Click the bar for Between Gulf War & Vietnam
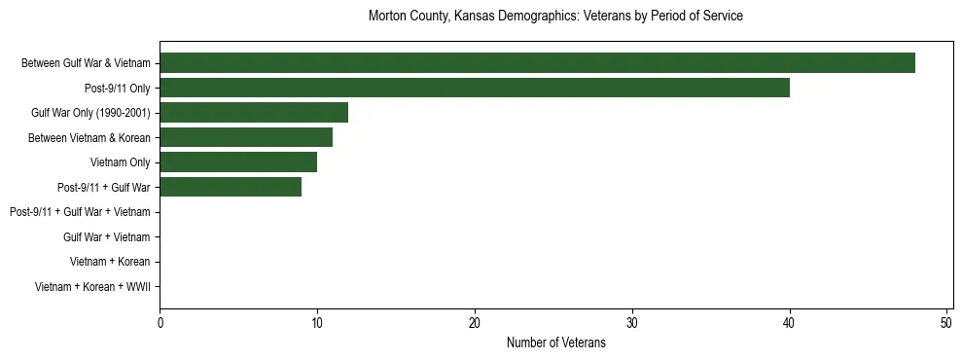pyautogui.click(x=537, y=63)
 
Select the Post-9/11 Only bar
pyautogui.click(x=475, y=88)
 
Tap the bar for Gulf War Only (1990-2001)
pyautogui.click(x=254, y=113)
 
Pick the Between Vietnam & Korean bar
pyautogui.click(x=246, y=137)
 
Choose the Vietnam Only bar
pyautogui.click(x=238, y=162)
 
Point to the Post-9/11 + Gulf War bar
pyautogui.click(x=231, y=187)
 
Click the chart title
pyautogui.click(x=555, y=17)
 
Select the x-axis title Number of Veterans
pyautogui.click(x=555, y=342)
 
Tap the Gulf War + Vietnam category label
pyautogui.click(x=106, y=237)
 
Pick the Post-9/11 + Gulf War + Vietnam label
pyautogui.click(x=80, y=212)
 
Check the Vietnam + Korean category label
pyautogui.click(x=110, y=262)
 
